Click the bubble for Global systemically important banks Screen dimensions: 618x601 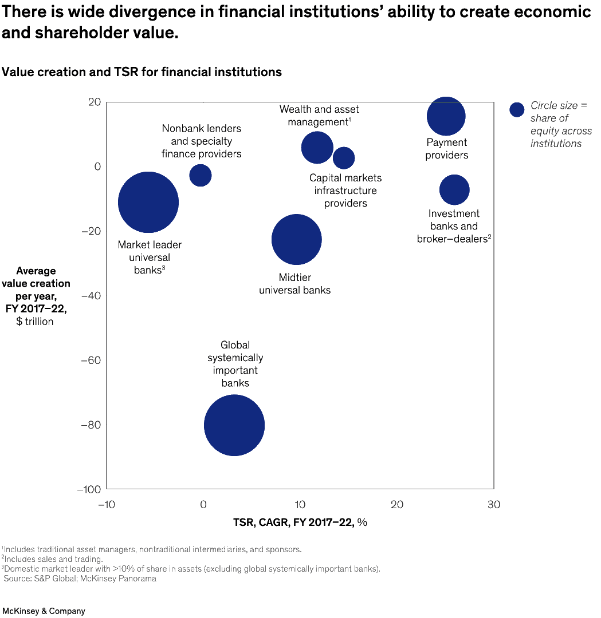click(234, 425)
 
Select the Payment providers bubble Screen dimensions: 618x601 click(446, 116)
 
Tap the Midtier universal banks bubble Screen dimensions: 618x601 click(296, 239)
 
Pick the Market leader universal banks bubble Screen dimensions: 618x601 click(148, 203)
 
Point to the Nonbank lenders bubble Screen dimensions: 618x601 click(201, 175)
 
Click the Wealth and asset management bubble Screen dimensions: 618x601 click(317, 148)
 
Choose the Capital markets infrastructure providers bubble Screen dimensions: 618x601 click(344, 158)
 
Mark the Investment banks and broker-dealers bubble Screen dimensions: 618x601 click(454, 190)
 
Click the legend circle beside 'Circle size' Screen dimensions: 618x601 click(517, 110)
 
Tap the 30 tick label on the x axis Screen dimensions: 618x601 click(493, 505)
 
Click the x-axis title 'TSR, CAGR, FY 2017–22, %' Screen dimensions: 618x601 click(300, 522)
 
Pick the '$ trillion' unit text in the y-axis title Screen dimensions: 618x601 click(35, 322)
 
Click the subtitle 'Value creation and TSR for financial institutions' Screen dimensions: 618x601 click(142, 72)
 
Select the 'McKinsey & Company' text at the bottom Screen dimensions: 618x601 click(44, 611)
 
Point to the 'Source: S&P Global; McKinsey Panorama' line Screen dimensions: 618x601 click(80, 579)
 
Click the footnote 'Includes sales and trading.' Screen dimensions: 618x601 click(53, 559)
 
